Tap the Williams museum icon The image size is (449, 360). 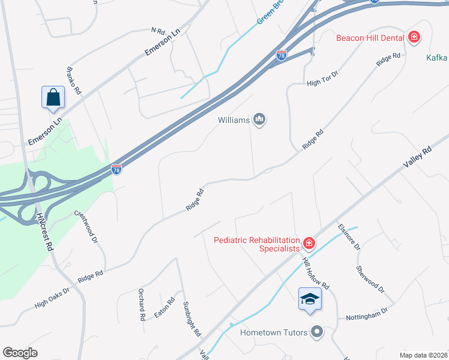260,120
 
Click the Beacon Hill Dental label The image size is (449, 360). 370,38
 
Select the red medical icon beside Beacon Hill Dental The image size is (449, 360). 414,38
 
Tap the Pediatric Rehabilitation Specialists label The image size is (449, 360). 257,244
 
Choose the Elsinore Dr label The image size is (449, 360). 349,237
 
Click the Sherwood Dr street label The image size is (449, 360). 370,280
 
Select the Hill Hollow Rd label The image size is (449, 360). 316,274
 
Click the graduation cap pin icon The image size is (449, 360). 310,299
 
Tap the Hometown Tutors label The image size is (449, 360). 274,332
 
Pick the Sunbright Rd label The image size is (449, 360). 192,317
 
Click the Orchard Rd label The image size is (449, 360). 143,305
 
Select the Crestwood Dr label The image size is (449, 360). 86,227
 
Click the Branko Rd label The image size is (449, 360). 74,79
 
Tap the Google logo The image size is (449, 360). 20,352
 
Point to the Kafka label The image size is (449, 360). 437,58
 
